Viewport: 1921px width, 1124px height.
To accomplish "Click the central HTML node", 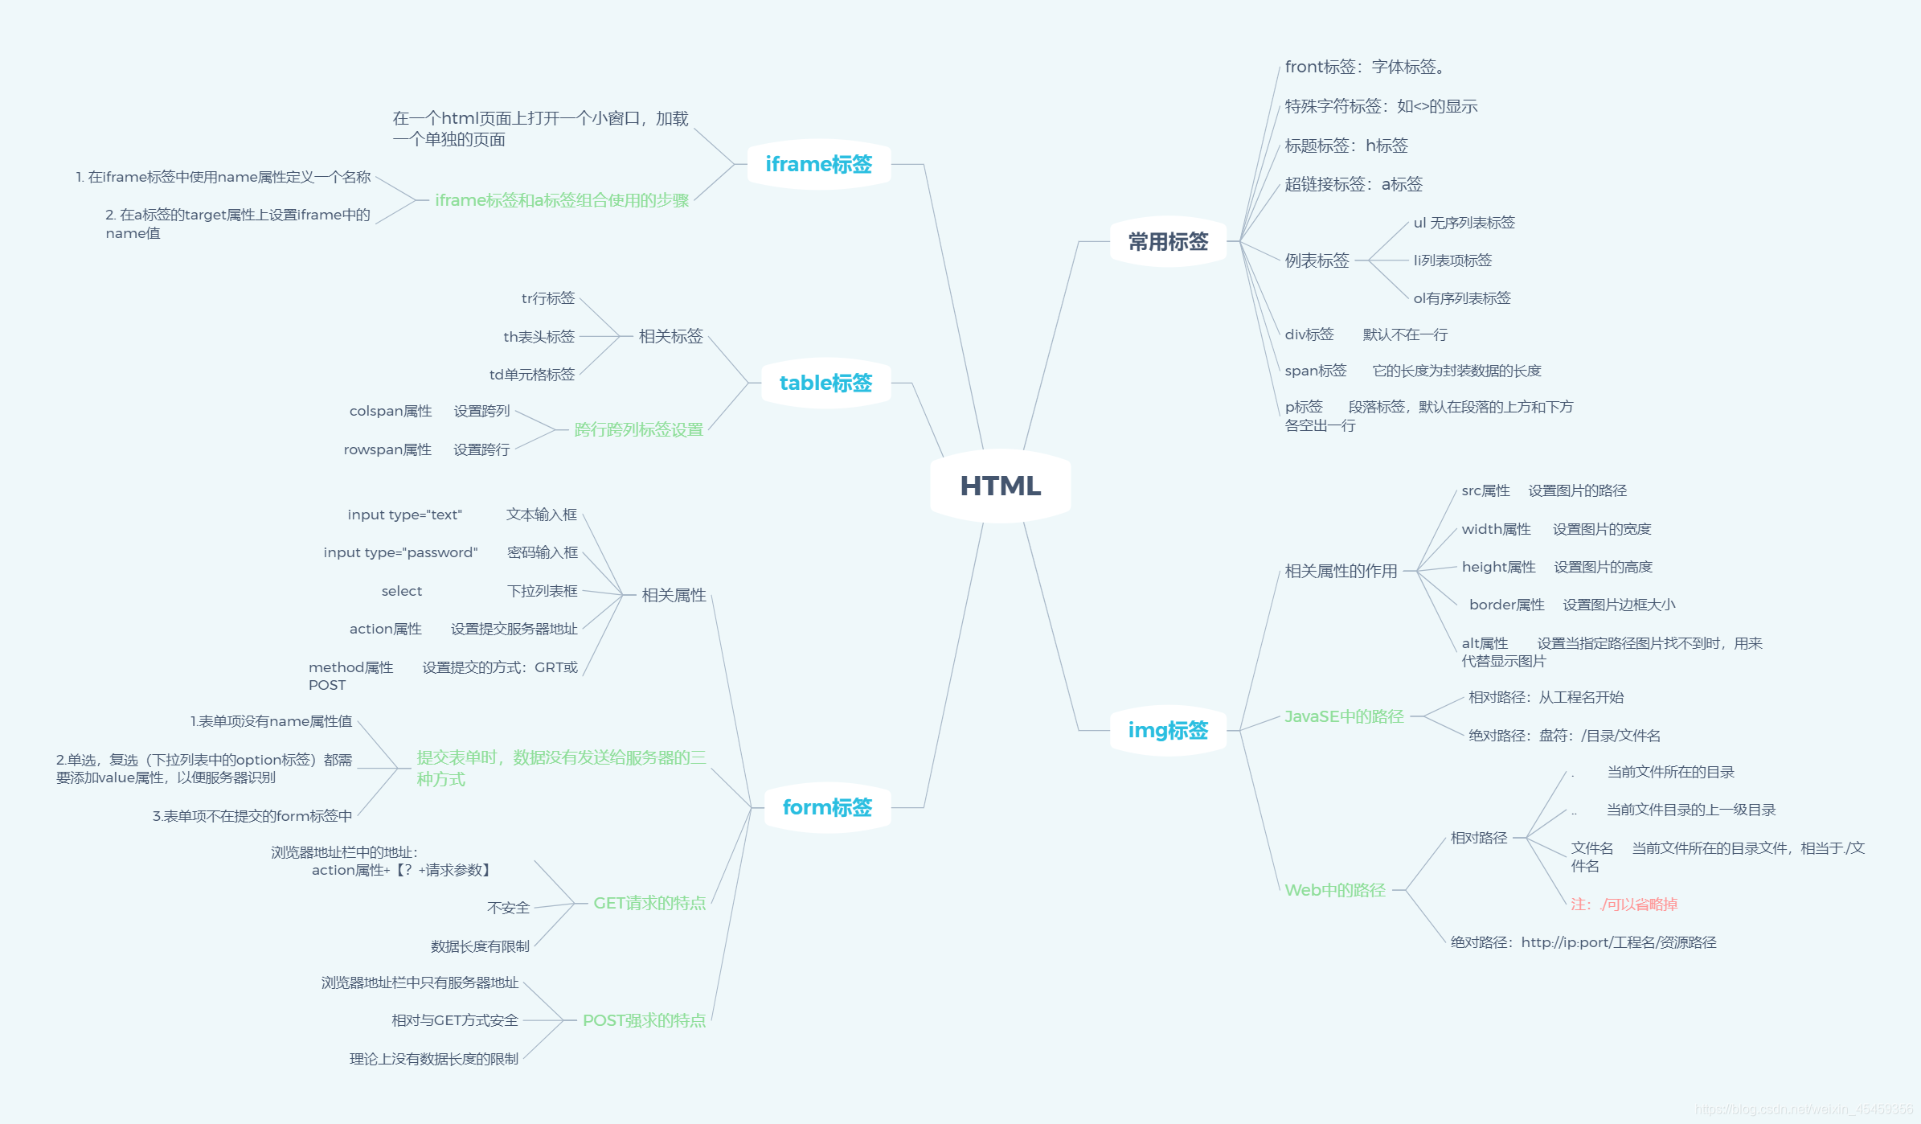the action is pos(1000,486).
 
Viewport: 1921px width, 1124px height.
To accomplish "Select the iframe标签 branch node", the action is pos(818,165).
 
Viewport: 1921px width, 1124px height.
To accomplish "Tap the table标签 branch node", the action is pos(825,384).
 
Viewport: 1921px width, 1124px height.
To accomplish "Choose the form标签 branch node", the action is pos(827,807).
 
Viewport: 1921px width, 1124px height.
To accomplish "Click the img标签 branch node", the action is pos(1168,730).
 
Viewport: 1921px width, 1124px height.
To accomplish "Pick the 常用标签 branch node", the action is pos(1168,242).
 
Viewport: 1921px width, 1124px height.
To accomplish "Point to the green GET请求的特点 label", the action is pos(649,904).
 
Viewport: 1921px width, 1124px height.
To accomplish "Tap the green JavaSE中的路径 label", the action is pos(1344,716).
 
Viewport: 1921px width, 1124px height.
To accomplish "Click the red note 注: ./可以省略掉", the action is pos(1624,905).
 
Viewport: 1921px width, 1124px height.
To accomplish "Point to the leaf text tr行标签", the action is pos(548,298).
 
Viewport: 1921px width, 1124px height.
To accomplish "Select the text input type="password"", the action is pos(400,552).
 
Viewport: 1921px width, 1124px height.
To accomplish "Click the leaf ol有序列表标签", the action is pos(1462,298).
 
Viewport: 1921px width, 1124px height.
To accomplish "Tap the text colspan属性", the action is pos(391,411).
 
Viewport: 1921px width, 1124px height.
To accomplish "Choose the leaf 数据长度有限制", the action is pos(480,946).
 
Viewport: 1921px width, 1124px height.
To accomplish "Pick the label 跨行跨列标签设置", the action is pos(638,430).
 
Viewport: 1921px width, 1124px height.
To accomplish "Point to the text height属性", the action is pos(1498,567).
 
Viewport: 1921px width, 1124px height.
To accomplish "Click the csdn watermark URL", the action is pos(1804,1110).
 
